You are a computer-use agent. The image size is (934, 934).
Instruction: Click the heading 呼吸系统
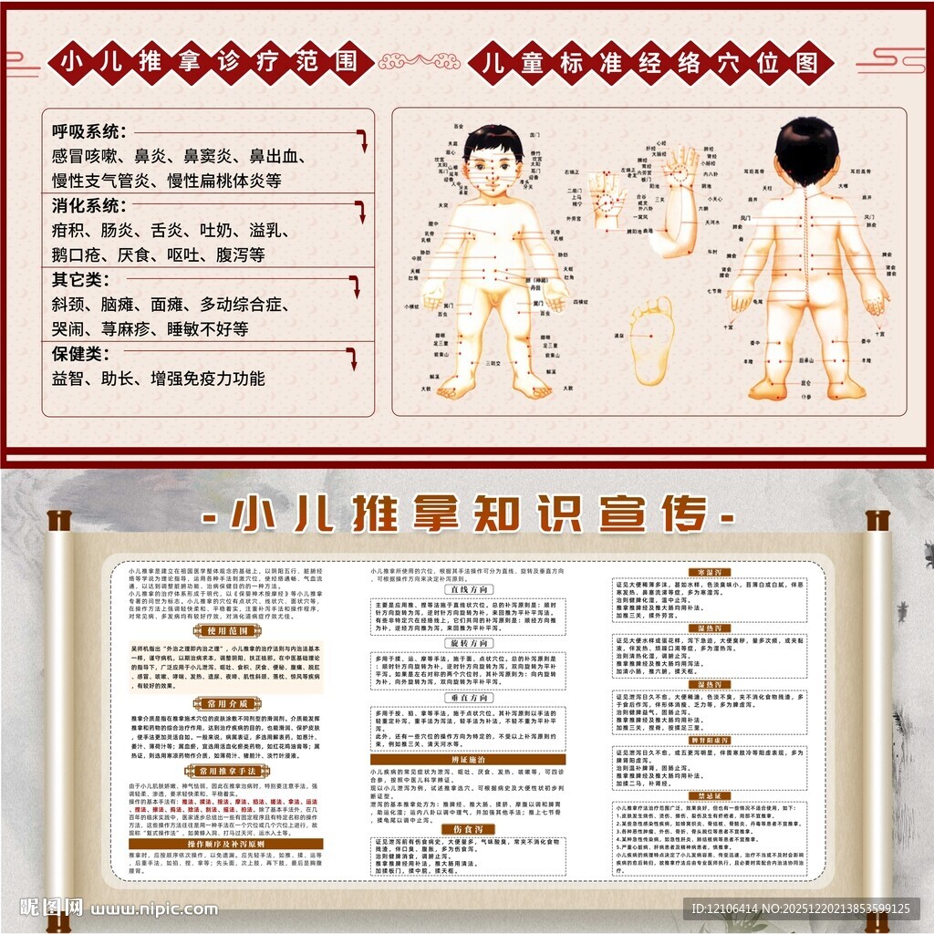(x=88, y=131)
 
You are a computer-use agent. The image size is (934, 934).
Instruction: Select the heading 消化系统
(x=88, y=205)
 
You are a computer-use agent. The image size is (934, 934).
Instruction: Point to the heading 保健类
(x=77, y=353)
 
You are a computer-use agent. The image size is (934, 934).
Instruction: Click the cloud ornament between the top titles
(x=419, y=63)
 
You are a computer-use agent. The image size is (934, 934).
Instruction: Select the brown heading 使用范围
(x=224, y=630)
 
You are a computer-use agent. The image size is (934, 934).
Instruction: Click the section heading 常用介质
(x=224, y=704)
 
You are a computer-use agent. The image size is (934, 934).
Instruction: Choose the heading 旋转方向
(x=467, y=644)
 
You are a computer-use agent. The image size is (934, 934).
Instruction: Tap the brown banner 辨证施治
(x=467, y=759)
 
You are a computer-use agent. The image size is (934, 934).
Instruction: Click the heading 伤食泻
(x=467, y=828)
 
